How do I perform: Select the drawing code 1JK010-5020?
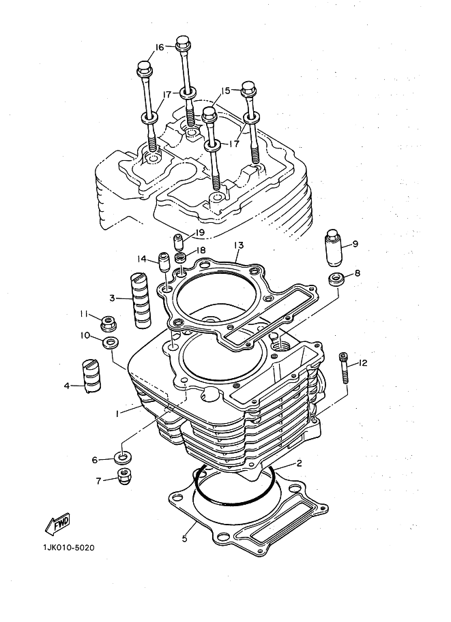69,548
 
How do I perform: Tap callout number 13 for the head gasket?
238,245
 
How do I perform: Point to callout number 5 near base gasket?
184,538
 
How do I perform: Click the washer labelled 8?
336,279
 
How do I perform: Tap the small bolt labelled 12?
344,368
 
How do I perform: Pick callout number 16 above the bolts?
159,48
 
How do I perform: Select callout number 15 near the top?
225,91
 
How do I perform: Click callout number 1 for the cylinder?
117,414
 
